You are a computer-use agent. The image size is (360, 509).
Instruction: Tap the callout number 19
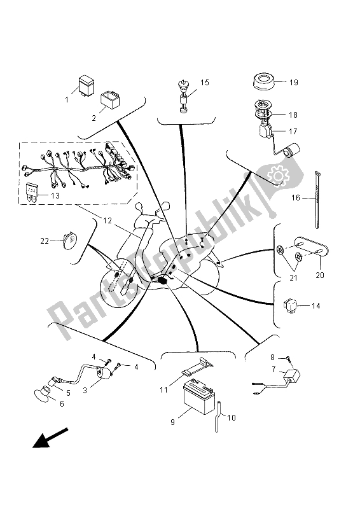(x=294, y=83)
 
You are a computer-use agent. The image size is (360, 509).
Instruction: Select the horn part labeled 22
(x=68, y=240)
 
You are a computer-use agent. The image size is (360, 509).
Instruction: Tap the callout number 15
(x=205, y=82)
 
